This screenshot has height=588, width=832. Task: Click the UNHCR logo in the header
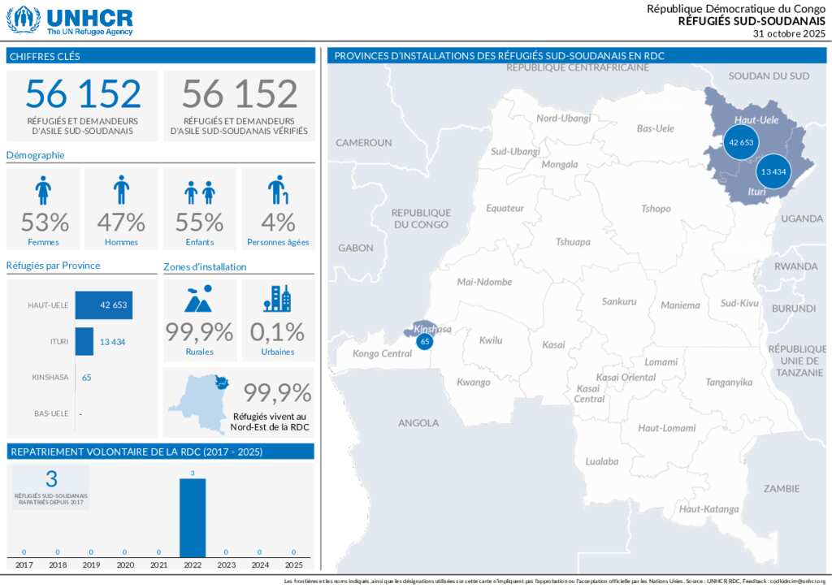coord(70,19)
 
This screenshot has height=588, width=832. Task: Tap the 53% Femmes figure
coord(45,222)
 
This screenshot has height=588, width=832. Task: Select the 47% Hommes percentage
coord(121,222)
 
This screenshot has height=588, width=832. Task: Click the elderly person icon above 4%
coord(278,190)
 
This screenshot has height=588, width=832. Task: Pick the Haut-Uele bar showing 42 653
coord(103,305)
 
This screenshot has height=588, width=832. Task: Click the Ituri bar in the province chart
coord(84,341)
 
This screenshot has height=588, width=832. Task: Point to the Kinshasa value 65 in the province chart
coord(87,378)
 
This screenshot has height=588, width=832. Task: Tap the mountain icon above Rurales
coord(199,299)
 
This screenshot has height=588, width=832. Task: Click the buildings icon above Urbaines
coord(277,299)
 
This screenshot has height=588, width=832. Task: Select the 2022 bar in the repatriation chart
coord(193,518)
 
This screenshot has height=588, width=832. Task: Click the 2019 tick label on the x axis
coord(91,564)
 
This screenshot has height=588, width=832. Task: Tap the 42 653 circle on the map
coord(741,142)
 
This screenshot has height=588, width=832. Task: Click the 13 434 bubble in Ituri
coord(773,171)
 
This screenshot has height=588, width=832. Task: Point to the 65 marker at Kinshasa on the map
coord(424,341)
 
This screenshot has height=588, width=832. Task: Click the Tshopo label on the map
coord(656,209)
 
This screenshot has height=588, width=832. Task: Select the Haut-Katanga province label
coord(709,509)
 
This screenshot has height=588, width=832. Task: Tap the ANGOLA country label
coord(418,422)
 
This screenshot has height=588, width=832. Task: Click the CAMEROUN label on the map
coord(364,143)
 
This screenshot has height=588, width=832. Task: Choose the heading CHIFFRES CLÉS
coord(45,56)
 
